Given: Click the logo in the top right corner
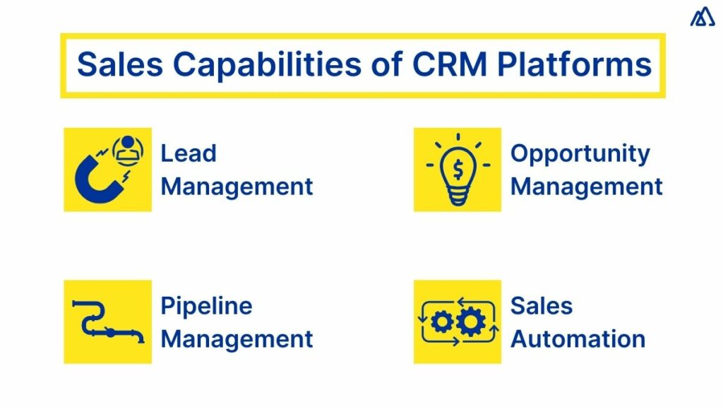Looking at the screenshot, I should click(702, 17).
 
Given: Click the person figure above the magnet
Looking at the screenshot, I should click(128, 149).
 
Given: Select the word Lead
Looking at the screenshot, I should click(189, 153).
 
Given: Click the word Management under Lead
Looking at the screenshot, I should click(237, 187).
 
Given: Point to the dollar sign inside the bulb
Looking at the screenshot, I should click(457, 167).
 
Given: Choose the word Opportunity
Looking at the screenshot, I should click(580, 153).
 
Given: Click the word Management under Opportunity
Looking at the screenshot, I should click(587, 187).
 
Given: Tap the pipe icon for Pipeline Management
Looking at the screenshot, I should click(107, 322).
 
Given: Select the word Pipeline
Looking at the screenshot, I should click(206, 306).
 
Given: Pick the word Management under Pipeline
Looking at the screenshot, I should click(237, 338).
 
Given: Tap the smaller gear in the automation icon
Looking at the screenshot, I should click(442, 322).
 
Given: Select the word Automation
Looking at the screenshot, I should click(578, 338).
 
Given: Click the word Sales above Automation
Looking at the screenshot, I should click(542, 306).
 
